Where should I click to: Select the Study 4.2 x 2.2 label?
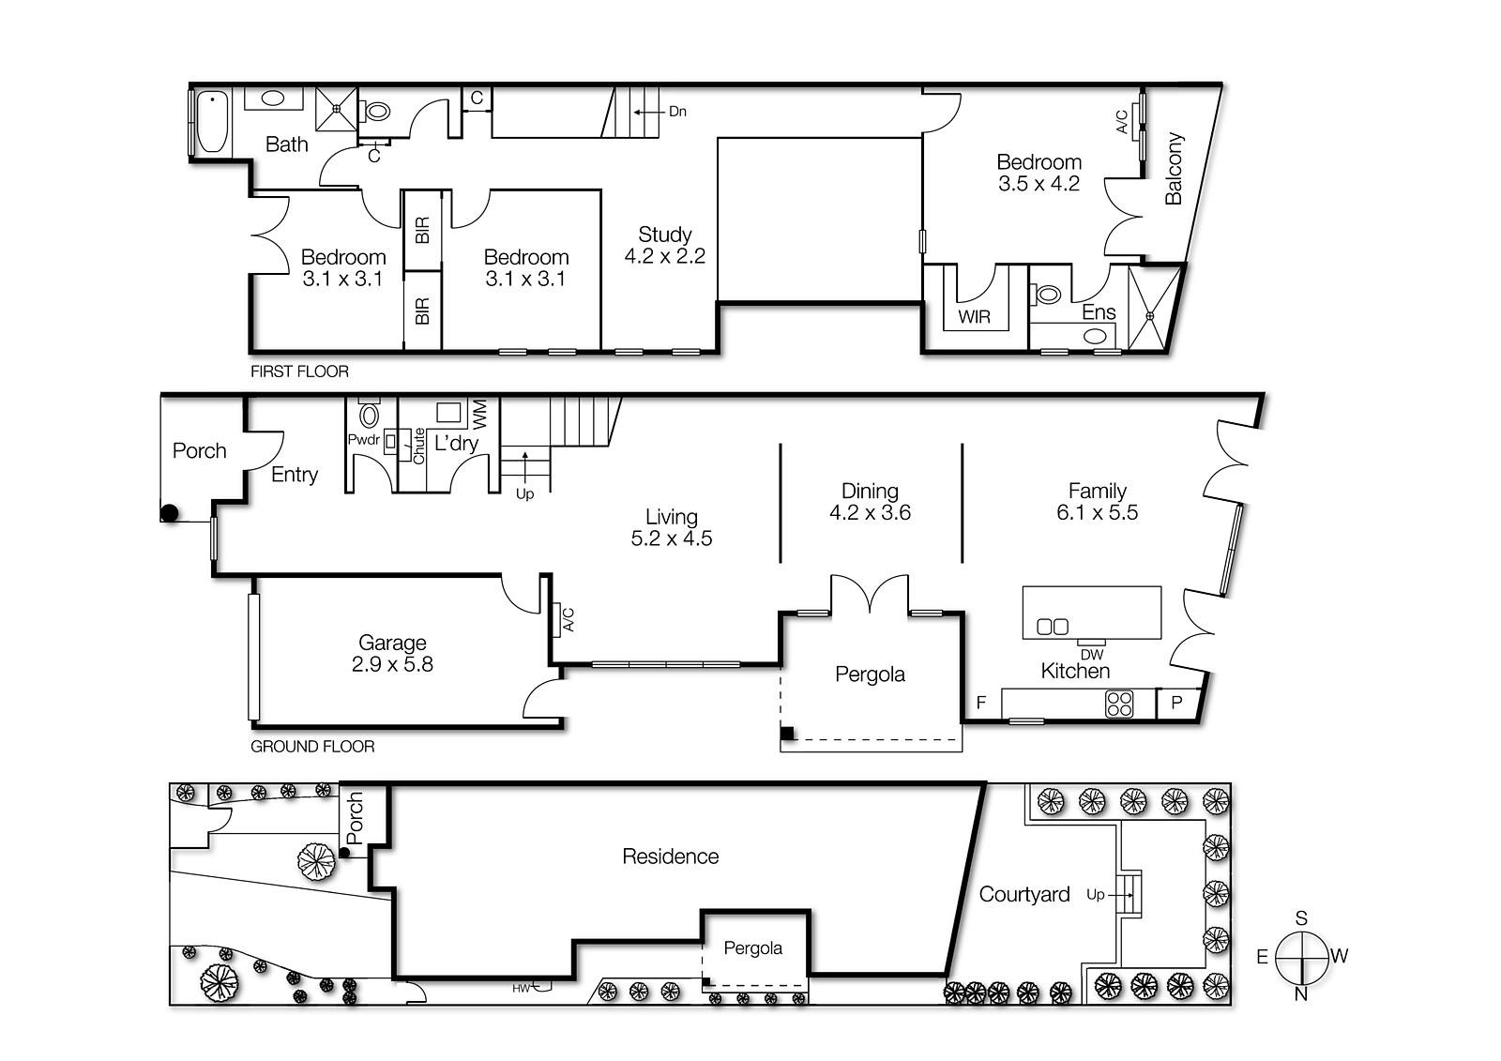(x=664, y=245)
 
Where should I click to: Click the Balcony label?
(x=1174, y=169)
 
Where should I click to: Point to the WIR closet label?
(x=974, y=317)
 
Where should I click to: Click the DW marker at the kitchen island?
(x=1091, y=654)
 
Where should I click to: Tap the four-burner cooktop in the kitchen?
(x=1118, y=704)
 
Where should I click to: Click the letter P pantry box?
(x=1176, y=703)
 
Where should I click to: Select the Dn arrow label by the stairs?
(x=677, y=112)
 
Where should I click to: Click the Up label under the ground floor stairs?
(x=524, y=493)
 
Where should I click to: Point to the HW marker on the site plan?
(x=521, y=988)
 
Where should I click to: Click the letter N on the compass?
(x=1300, y=994)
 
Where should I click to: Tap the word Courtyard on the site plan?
(x=1023, y=894)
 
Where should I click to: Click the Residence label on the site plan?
(x=670, y=856)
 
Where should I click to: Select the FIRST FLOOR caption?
(x=299, y=371)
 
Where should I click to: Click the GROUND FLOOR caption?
(x=312, y=747)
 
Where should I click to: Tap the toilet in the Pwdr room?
(x=369, y=415)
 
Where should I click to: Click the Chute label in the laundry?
(x=419, y=446)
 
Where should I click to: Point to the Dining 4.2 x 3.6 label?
(x=870, y=501)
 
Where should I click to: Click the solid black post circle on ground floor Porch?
(x=170, y=513)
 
